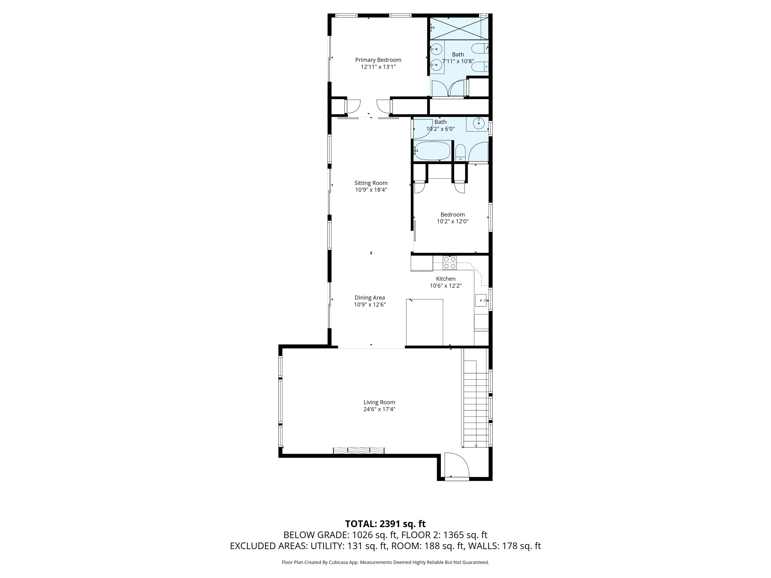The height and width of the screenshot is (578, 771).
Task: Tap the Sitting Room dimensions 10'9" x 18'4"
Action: pyautogui.click(x=371, y=190)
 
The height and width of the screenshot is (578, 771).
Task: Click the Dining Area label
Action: pyautogui.click(x=370, y=297)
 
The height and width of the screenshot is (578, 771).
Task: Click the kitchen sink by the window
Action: pyautogui.click(x=481, y=300)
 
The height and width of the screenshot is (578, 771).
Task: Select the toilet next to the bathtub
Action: pyautogui.click(x=460, y=153)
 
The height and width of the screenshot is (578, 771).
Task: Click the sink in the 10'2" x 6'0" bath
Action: pyautogui.click(x=479, y=123)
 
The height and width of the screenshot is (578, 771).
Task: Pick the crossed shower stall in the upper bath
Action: pyautogui.click(x=455, y=29)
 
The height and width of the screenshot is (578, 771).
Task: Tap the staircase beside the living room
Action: pyautogui.click(x=475, y=404)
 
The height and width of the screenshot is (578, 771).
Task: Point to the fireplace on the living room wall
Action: pyautogui.click(x=359, y=451)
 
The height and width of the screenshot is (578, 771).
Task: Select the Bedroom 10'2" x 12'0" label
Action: pyautogui.click(x=452, y=218)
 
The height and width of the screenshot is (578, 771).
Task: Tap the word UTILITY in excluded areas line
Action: pyautogui.click(x=327, y=546)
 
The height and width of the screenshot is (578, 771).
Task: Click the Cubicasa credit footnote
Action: pyautogui.click(x=385, y=562)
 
